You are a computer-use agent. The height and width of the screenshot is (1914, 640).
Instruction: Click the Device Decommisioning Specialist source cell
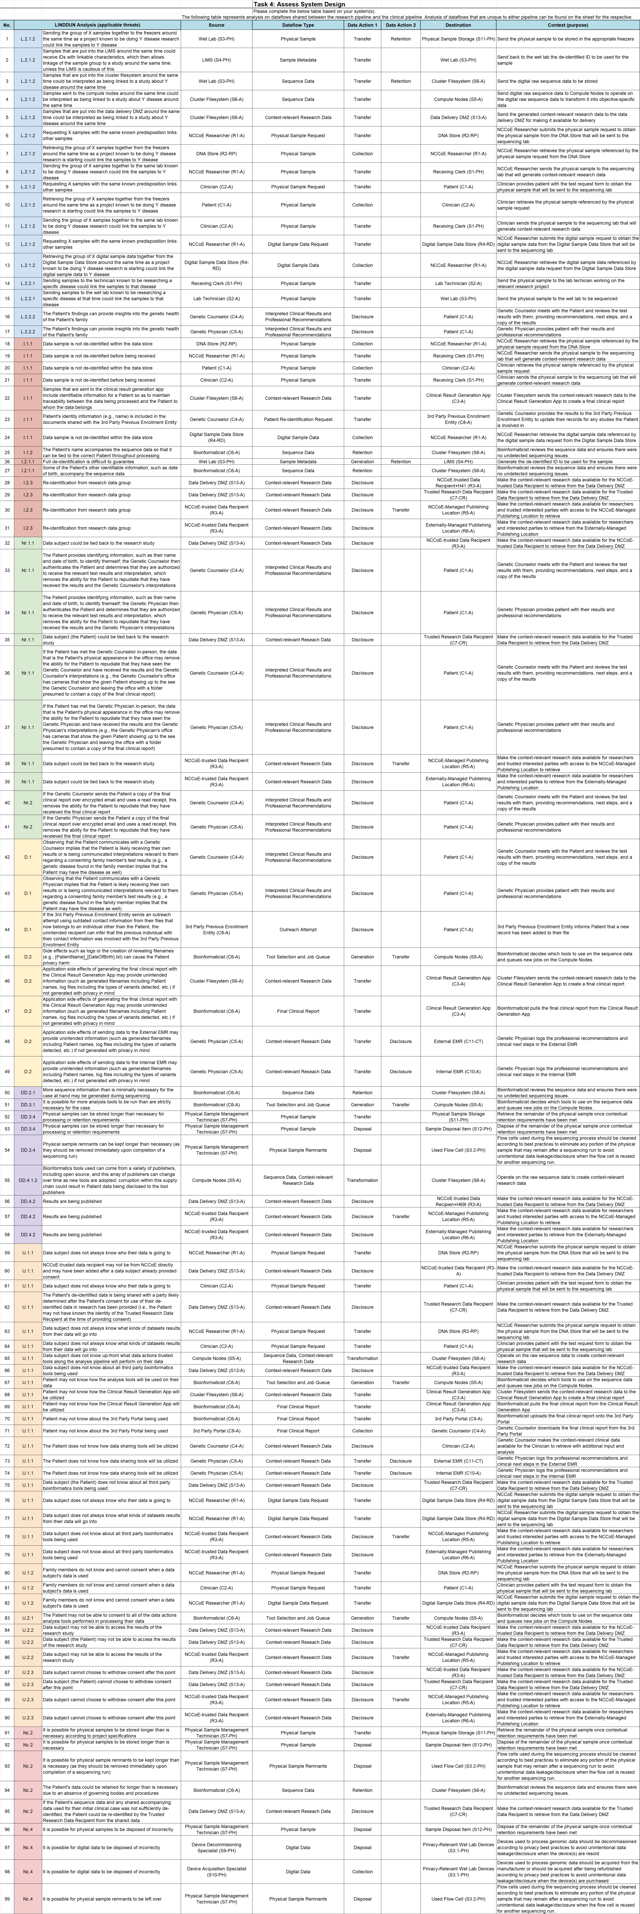(216, 1846)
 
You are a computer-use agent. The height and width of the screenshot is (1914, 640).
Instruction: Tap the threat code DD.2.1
(27, 1092)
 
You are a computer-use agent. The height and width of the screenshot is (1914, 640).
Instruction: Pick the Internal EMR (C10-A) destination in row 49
(458, 1071)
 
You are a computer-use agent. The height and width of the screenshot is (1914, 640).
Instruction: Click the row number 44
(7, 929)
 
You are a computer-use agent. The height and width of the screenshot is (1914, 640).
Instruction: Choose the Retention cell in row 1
(401, 39)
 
